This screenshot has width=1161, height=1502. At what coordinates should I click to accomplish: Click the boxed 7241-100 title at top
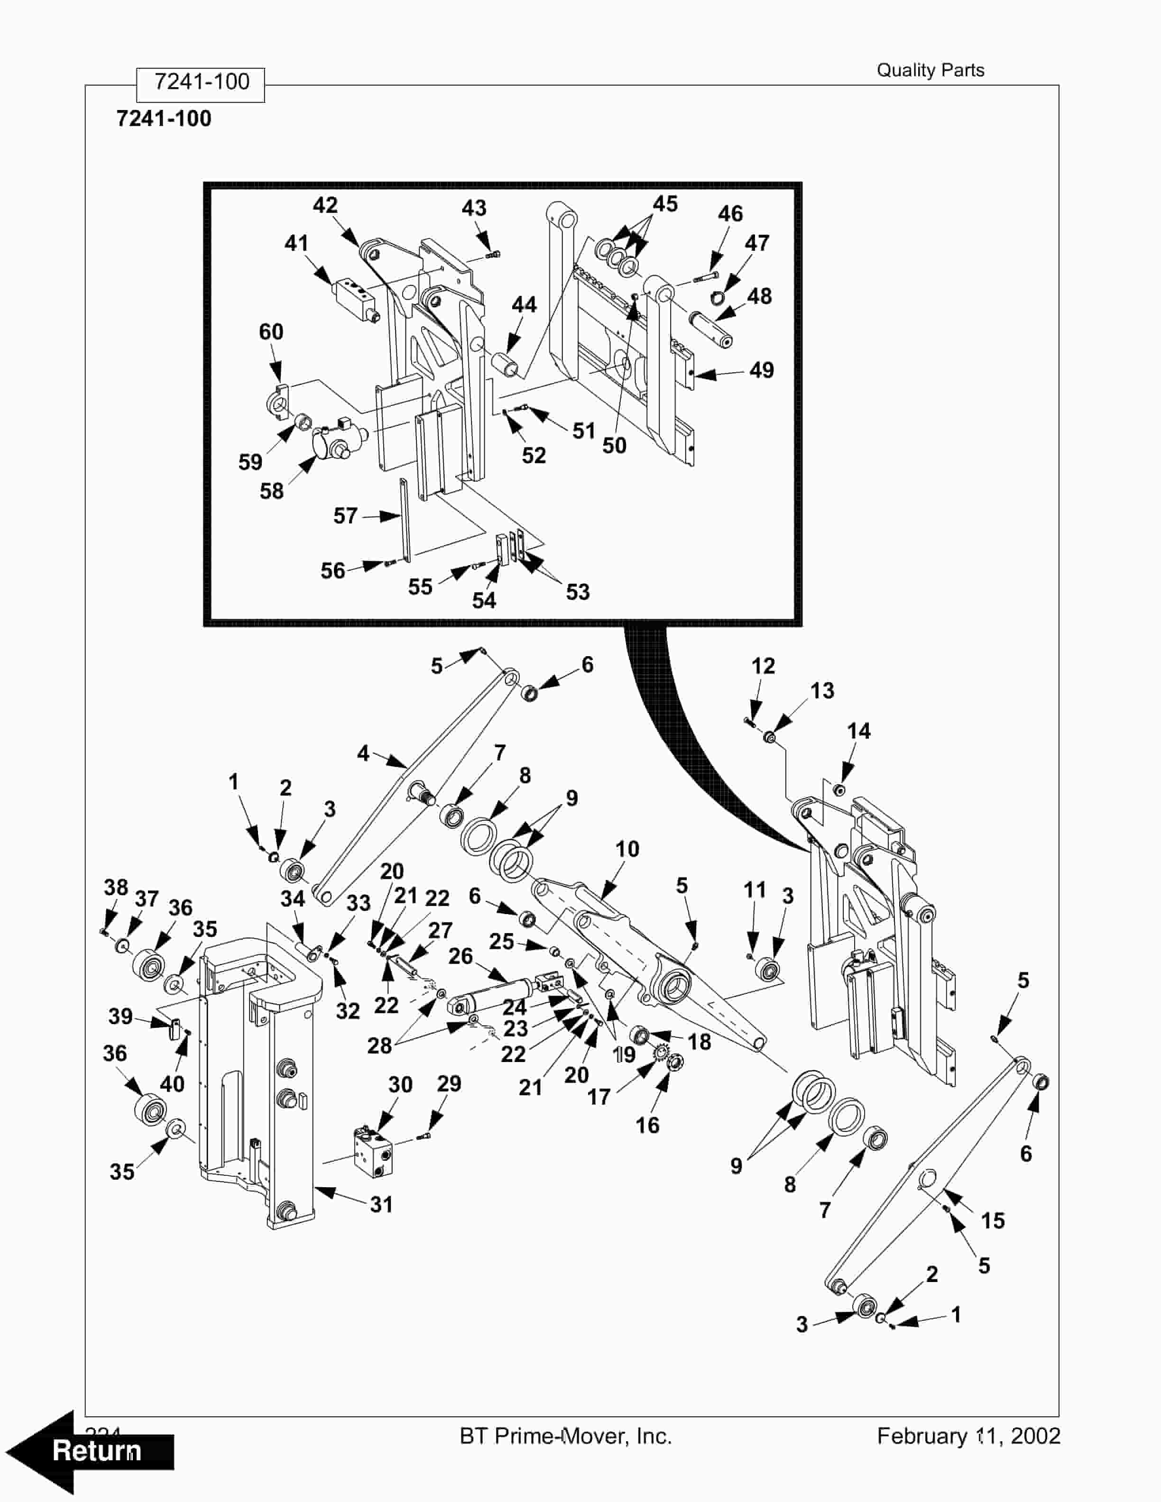tap(201, 82)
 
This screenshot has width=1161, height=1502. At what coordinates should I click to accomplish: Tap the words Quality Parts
tap(930, 70)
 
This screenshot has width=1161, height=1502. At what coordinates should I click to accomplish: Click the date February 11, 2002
tap(968, 1436)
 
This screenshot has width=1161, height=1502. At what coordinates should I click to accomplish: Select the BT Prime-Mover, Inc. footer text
tap(565, 1436)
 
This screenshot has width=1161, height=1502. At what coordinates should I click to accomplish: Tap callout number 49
tap(761, 370)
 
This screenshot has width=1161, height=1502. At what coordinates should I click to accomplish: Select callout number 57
tap(345, 516)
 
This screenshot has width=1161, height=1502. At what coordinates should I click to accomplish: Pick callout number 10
tap(627, 849)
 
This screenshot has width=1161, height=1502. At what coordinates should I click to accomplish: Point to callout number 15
tap(993, 1221)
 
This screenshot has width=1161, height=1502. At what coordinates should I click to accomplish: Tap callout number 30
tap(400, 1085)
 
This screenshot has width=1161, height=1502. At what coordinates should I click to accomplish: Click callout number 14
tap(858, 731)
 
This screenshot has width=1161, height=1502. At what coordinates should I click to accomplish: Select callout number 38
tap(116, 887)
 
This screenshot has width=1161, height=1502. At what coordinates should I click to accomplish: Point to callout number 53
tap(578, 592)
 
